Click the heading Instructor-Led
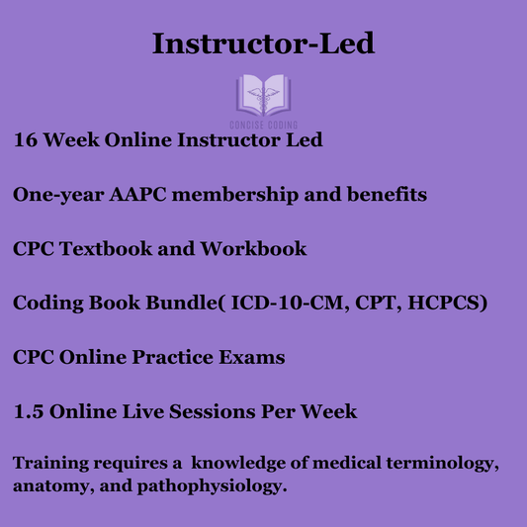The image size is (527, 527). click(263, 44)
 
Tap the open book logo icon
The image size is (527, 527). click(263, 94)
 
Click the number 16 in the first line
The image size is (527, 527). click(26, 140)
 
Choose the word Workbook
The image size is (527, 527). click(253, 248)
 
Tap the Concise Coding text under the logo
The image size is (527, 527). click(263, 125)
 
